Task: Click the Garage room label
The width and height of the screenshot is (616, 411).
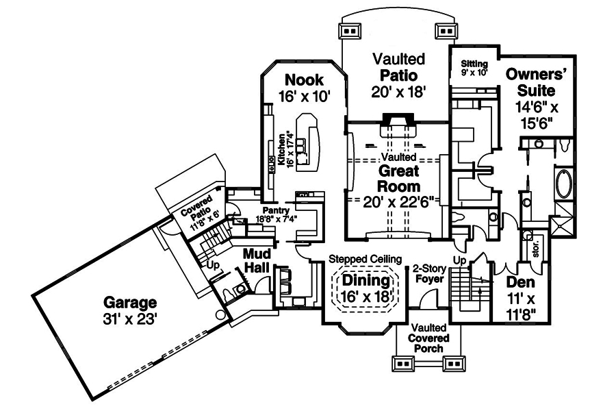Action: click(130, 301)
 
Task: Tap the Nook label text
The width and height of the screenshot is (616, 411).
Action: click(304, 79)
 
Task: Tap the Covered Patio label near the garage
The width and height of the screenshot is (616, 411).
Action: click(201, 211)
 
